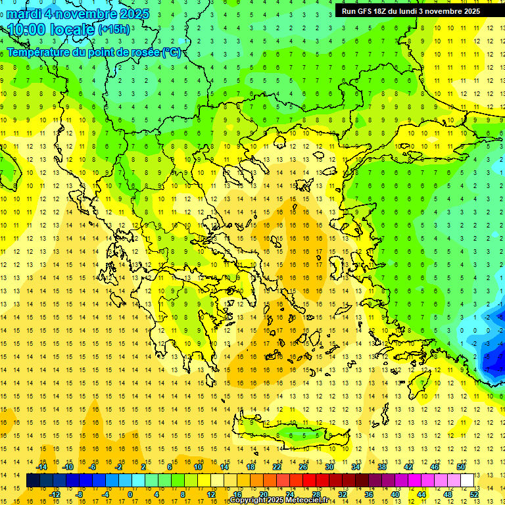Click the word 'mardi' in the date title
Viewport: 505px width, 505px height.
pyautogui.click(x=24, y=14)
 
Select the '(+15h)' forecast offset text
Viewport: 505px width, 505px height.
pyautogui.click(x=114, y=30)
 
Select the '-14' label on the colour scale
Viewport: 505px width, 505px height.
pyautogui.click(x=41, y=467)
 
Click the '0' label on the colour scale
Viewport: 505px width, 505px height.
pyautogui.click(x=130, y=494)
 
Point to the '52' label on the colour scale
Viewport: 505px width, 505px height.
pyautogui.click(x=474, y=494)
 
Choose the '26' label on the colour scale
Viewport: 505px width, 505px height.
pyautogui.click(x=303, y=467)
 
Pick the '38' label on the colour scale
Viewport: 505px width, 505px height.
pyautogui.click(x=381, y=467)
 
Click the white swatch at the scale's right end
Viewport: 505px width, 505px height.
pyautogui.click(x=467, y=481)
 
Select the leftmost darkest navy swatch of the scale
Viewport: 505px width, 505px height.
pyautogui.click(x=33, y=481)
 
